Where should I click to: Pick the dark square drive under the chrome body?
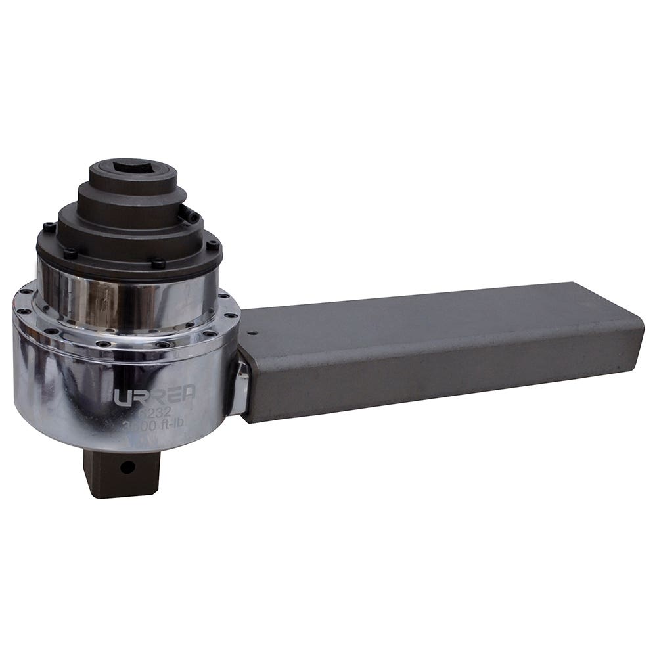click(x=122, y=472)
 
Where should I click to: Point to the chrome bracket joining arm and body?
click(x=238, y=388)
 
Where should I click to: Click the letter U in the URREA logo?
click(x=123, y=397)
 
